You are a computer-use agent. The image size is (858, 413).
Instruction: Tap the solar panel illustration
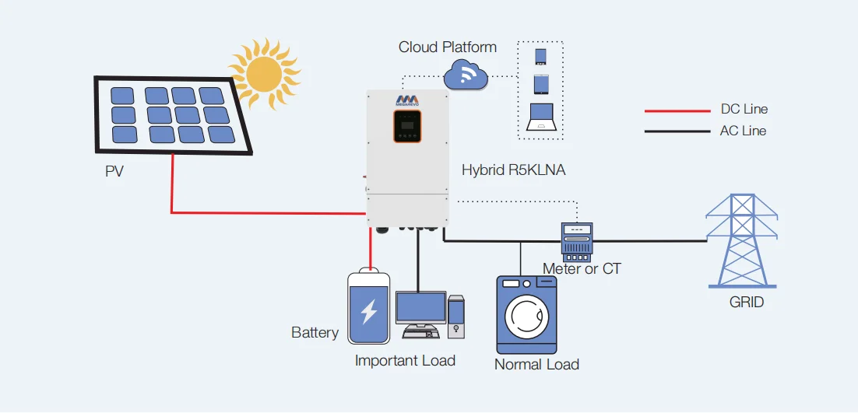tap(173, 115)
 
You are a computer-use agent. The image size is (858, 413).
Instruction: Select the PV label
tap(114, 172)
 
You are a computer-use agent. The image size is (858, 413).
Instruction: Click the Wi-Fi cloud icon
tap(466, 75)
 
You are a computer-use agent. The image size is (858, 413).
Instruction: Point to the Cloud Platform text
tap(448, 47)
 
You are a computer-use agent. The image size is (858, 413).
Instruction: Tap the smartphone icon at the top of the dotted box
tap(540, 57)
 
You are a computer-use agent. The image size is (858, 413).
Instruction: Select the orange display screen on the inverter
tap(406, 127)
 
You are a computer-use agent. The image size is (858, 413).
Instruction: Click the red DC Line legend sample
tap(675, 110)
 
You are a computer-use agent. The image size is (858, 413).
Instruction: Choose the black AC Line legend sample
tap(675, 131)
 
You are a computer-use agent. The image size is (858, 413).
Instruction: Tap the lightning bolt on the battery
tap(368, 310)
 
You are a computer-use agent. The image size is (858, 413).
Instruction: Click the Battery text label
tap(315, 333)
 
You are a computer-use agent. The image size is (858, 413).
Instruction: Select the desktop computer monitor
tap(420, 308)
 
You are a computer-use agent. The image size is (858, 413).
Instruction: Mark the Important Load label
tap(405, 361)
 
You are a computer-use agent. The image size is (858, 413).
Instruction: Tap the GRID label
tap(747, 302)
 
